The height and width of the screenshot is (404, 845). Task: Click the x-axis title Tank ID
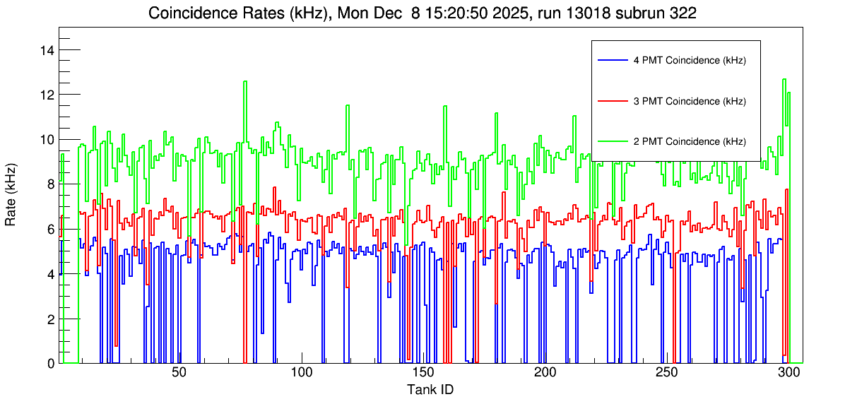[430, 389]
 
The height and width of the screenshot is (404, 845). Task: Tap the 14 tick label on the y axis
[49, 50]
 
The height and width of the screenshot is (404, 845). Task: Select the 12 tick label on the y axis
[49, 95]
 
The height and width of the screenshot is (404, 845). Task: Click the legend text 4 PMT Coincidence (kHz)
[690, 61]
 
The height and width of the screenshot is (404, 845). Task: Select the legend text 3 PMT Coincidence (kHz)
[690, 101]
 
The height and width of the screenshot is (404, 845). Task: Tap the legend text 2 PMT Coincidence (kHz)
[690, 141]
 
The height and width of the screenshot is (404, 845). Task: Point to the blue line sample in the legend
[612, 61]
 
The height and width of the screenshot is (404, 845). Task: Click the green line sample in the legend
[612, 141]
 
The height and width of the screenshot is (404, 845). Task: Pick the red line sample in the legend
[612, 101]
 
